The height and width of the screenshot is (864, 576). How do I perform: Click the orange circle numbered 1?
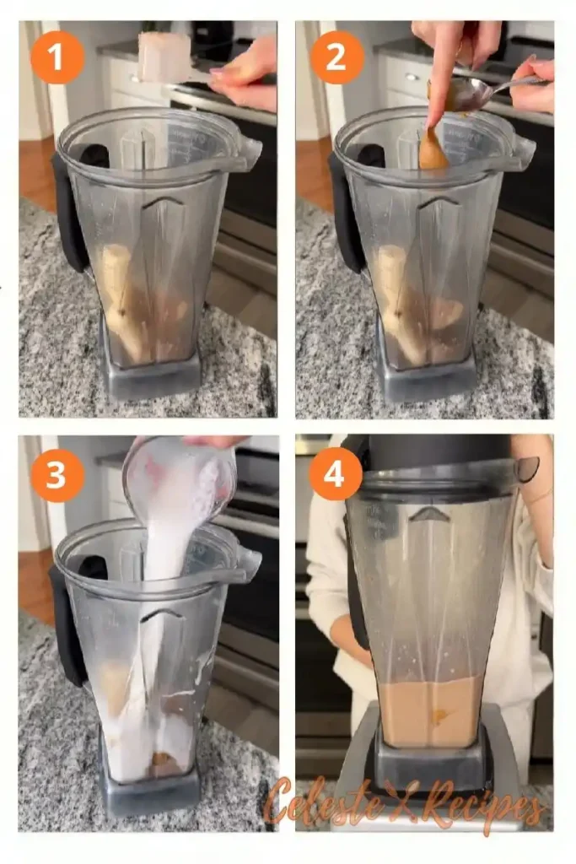pos(57,57)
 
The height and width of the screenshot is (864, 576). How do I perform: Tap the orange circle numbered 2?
pos(336,57)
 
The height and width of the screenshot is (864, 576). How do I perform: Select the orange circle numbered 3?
pos(57,475)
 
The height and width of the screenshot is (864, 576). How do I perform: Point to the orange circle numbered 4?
pos(336,475)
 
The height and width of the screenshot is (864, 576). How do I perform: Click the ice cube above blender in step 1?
pos(164,57)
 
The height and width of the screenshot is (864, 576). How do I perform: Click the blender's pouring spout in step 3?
pos(246,563)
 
